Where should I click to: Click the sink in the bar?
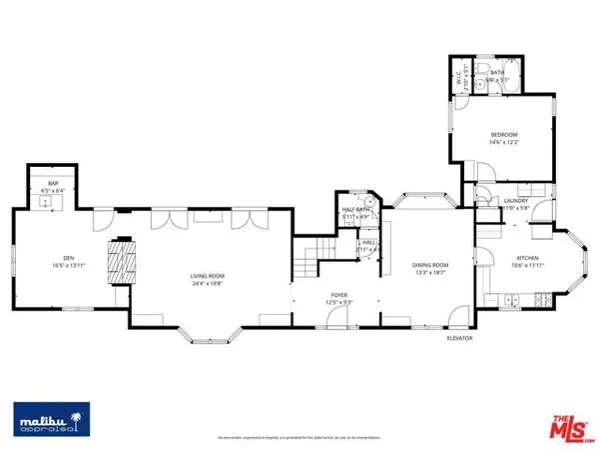pyautogui.click(x=46, y=202)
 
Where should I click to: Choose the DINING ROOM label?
pyautogui.click(x=431, y=265)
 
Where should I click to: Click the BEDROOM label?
pyautogui.click(x=503, y=134)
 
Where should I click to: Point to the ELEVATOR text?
pyautogui.click(x=459, y=338)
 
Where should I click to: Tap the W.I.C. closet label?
pyautogui.click(x=459, y=74)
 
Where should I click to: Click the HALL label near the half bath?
pyautogui.click(x=368, y=242)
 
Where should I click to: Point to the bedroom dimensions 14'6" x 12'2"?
pyautogui.click(x=503, y=142)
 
